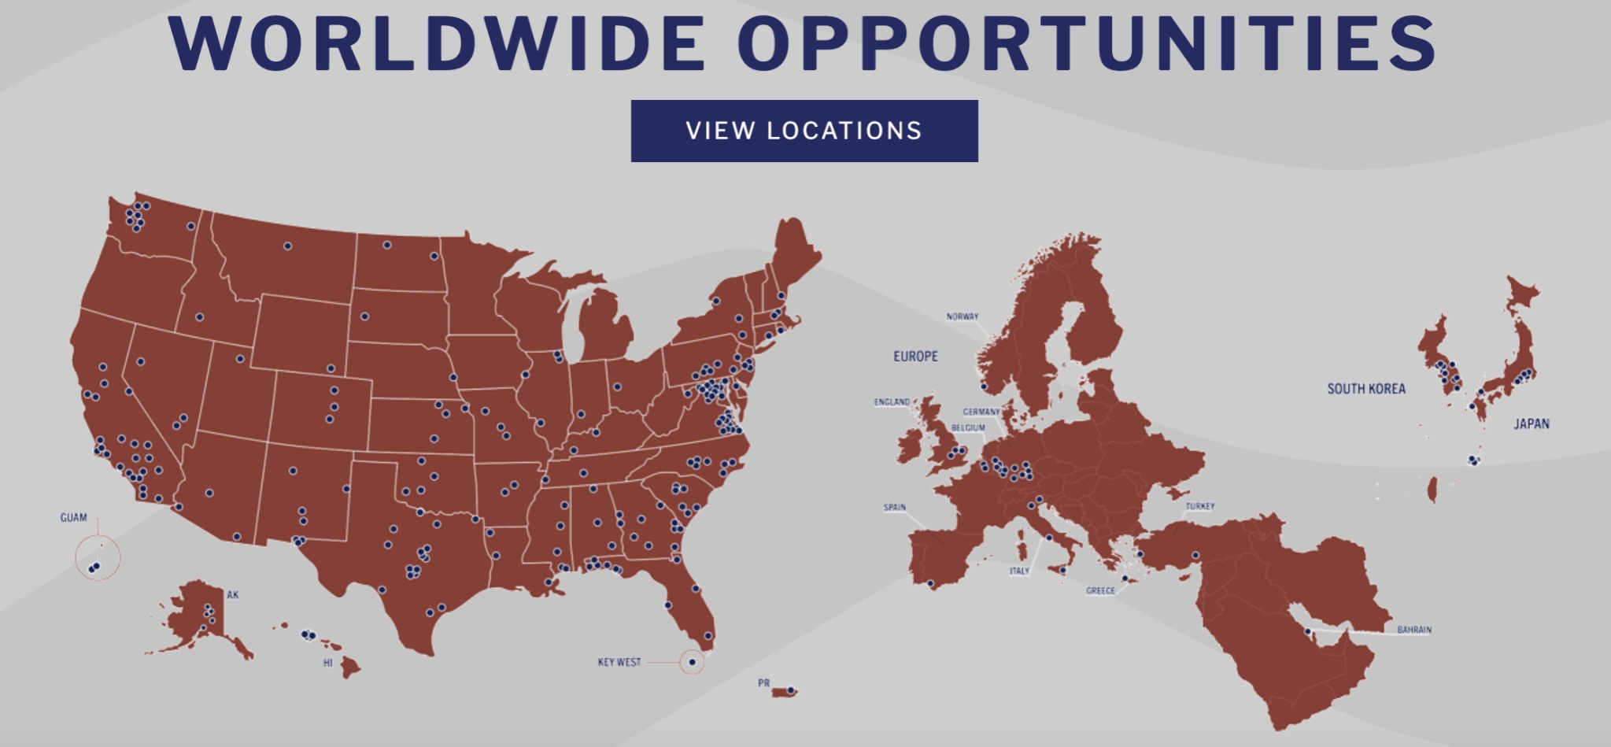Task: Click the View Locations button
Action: pyautogui.click(x=804, y=131)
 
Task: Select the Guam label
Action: pyautogui.click(x=73, y=518)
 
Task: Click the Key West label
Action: pyautogui.click(x=619, y=663)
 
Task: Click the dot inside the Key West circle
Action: pyautogui.click(x=692, y=662)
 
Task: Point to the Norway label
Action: pyautogui.click(x=962, y=316)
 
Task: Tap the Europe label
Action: pyautogui.click(x=915, y=357)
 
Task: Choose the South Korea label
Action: pyautogui.click(x=1365, y=389)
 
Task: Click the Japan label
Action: pyautogui.click(x=1531, y=424)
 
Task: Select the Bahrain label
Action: pyautogui.click(x=1413, y=630)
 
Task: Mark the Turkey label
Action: pyautogui.click(x=1199, y=506)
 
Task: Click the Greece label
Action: pyautogui.click(x=1099, y=590)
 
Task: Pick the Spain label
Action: pyautogui.click(x=894, y=508)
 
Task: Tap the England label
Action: pyautogui.click(x=891, y=402)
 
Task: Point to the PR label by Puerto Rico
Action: pyautogui.click(x=763, y=683)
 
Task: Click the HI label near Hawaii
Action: pyautogui.click(x=327, y=663)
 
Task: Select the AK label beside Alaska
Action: pyautogui.click(x=232, y=595)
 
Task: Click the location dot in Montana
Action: pyautogui.click(x=287, y=246)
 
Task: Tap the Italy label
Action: pyautogui.click(x=1019, y=571)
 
